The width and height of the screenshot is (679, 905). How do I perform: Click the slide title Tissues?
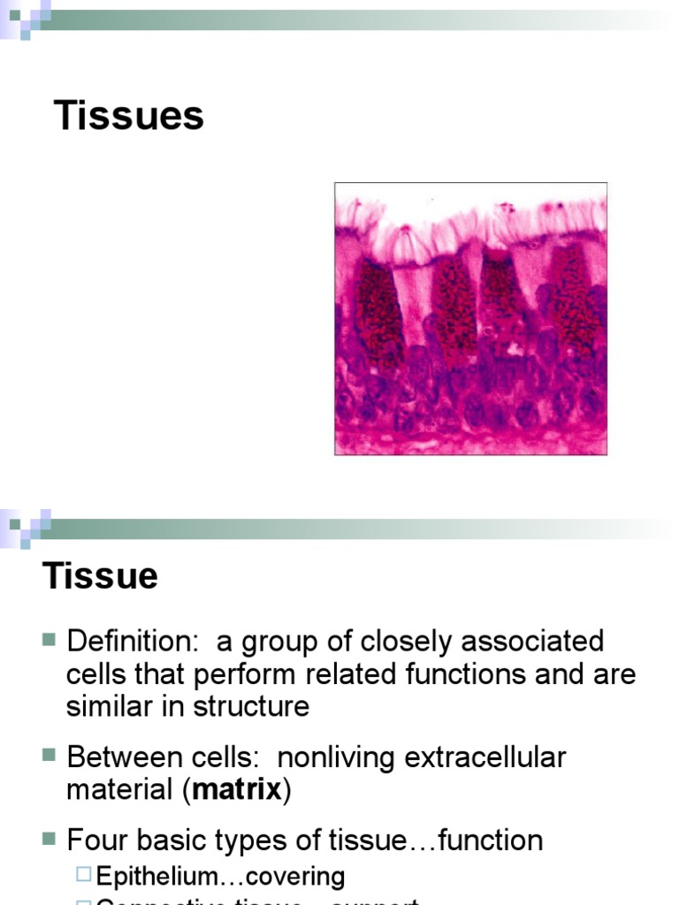pos(129,116)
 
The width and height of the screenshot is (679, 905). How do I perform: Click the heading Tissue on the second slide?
pos(100,576)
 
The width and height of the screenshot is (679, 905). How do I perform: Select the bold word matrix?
pos(236,789)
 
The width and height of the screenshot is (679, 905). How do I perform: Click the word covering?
pos(296,876)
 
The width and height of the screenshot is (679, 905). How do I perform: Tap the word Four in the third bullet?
pos(96,840)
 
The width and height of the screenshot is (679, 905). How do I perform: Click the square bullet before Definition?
pos(49,640)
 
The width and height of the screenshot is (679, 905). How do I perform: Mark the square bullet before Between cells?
pos(49,757)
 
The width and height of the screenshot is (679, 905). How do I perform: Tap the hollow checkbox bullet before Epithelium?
pos(84,875)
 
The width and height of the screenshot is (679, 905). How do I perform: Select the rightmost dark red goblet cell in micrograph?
pos(573,300)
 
